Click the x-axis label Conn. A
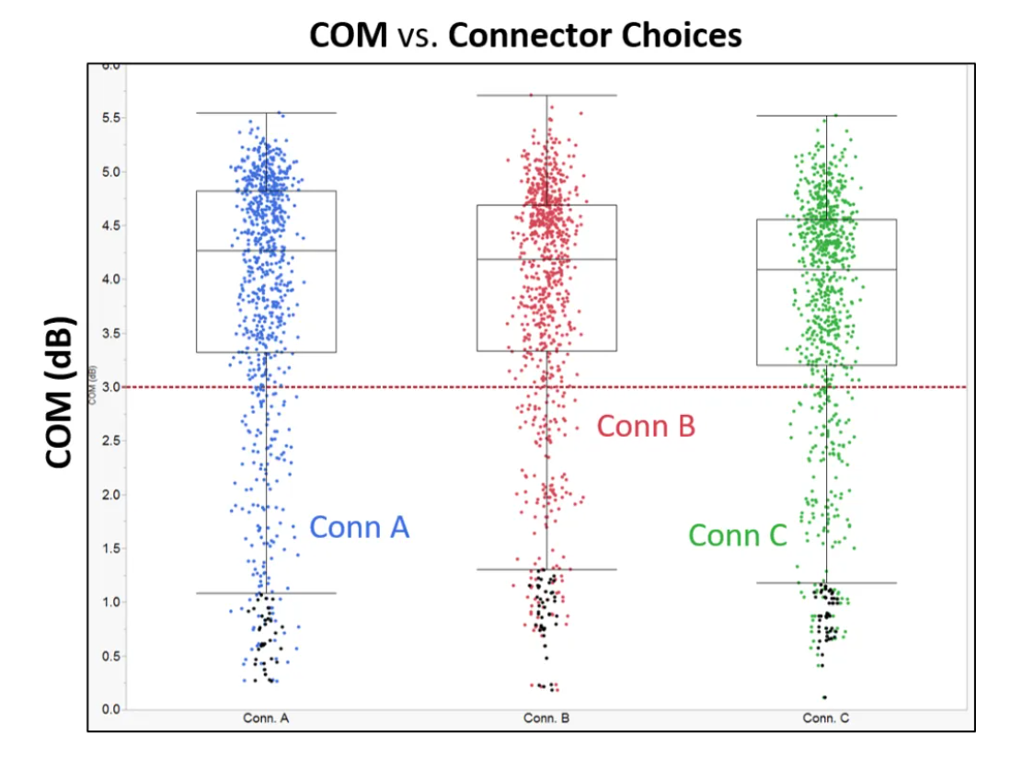click(x=267, y=717)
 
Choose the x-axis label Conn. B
click(x=546, y=717)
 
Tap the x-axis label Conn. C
click(x=825, y=717)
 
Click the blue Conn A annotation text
click(x=359, y=527)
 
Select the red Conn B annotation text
click(x=646, y=427)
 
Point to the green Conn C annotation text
click(x=738, y=535)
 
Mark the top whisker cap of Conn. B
click(x=546, y=95)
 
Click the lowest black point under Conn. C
click(x=824, y=697)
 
